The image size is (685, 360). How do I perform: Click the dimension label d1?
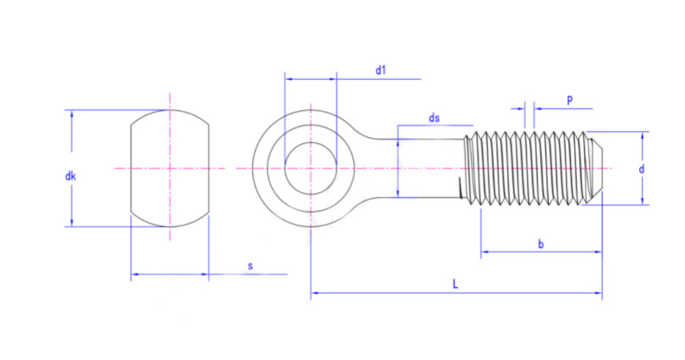coord(381,70)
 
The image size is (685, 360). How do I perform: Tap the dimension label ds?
coord(434,119)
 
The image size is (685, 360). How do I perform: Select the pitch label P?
coord(569,100)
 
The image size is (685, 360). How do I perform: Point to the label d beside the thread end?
coord(642,169)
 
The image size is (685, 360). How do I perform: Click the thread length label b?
coord(541,244)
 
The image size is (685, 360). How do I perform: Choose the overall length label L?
coord(456,285)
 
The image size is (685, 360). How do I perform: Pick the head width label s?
coord(250,266)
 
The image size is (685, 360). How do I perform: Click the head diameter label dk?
coord(71,177)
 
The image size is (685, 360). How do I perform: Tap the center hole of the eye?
coord(311,168)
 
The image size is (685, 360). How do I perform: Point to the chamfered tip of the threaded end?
coord(595,167)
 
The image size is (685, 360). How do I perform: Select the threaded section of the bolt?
coord(529,168)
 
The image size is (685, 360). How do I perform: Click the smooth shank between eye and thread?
coord(428,168)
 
